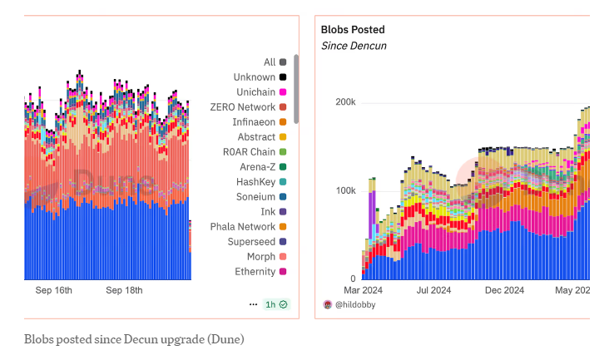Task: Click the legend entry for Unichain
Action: tap(254, 92)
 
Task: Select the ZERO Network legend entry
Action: tap(242, 107)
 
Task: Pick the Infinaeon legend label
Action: tap(253, 122)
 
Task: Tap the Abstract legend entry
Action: tap(256, 137)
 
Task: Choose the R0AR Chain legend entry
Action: tap(249, 152)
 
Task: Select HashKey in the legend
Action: tap(255, 182)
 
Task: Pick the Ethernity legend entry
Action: tap(255, 272)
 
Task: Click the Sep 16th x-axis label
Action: tap(54, 290)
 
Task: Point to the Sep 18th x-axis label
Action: tap(124, 290)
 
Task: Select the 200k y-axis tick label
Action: tap(345, 102)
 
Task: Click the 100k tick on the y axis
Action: tap(345, 191)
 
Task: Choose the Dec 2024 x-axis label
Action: tap(504, 290)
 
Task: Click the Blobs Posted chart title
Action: tap(353, 29)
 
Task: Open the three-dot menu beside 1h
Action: tap(253, 305)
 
